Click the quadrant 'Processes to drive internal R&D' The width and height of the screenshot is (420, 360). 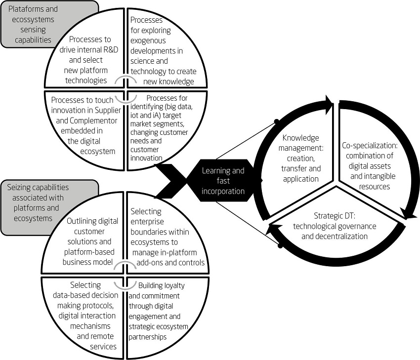pyautogui.click(x=87, y=59)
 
